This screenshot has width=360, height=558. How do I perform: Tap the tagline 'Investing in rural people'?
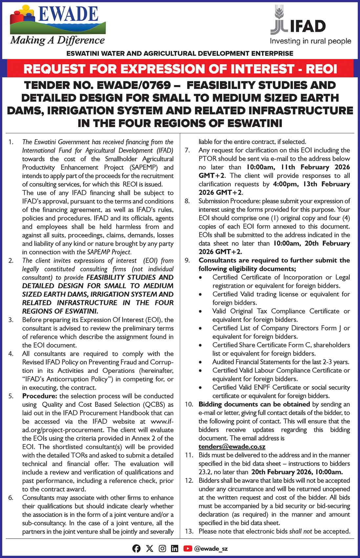[x=310, y=41]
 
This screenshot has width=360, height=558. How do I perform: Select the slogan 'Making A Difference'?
[x=57, y=41]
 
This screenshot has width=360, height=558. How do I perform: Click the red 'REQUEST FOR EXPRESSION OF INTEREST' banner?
[x=180, y=69]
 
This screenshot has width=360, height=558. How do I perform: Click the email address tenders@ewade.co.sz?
[x=232, y=447]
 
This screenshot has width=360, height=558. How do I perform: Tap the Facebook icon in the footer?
[x=137, y=548]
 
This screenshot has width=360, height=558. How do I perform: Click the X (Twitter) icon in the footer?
[x=149, y=548]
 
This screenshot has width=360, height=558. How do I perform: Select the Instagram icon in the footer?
[x=162, y=548]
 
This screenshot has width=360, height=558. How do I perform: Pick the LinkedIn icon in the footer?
[x=175, y=548]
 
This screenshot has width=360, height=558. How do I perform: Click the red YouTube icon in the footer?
[x=188, y=548]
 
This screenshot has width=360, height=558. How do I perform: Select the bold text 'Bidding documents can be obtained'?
[x=254, y=404]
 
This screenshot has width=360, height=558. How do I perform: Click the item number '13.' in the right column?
[x=189, y=531]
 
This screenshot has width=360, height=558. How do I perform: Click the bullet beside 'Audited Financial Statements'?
[x=201, y=362]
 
